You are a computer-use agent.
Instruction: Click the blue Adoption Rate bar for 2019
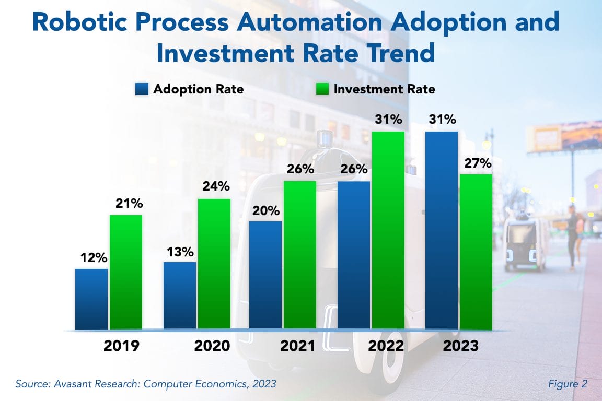91,299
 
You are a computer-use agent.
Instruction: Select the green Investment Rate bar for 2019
126,272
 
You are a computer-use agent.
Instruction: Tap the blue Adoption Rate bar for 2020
180,296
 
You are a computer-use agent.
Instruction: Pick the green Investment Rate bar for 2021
300,255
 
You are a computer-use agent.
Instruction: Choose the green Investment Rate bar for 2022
388,230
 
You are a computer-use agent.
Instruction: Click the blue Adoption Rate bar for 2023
442,230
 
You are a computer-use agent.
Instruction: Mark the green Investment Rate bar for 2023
476,252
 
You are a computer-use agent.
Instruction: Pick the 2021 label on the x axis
297,346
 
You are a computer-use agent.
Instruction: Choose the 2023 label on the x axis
461,346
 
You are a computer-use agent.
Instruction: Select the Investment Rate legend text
384,89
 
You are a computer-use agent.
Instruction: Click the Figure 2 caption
568,384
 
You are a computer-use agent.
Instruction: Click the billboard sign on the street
562,137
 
